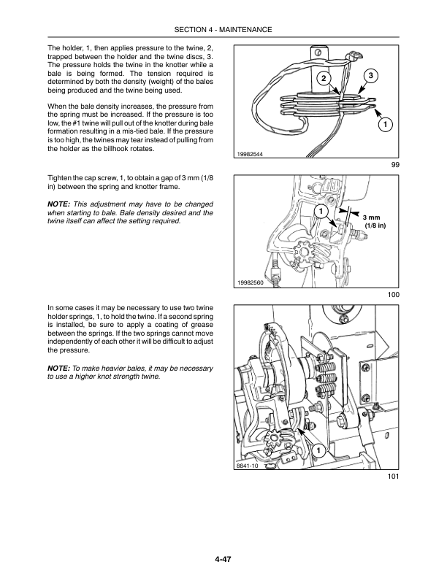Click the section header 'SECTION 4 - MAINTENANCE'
(223, 29)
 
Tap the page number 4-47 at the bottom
(223, 560)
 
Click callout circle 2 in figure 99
(322, 78)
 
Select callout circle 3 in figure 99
(370, 76)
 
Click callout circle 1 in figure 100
(319, 211)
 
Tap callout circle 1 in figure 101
(318, 450)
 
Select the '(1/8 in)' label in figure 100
(375, 227)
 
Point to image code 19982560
(251, 282)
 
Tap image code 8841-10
(248, 465)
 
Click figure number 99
(394, 166)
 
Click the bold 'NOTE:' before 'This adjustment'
(59, 203)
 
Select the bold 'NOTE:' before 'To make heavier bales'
(59, 369)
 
